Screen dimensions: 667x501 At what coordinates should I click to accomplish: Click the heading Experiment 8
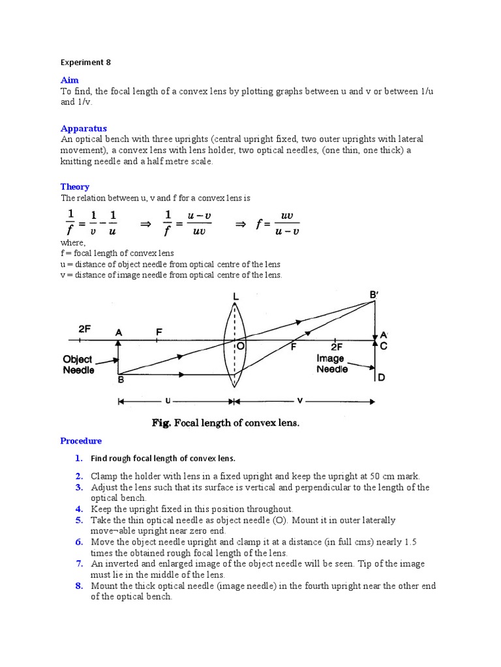tap(85, 63)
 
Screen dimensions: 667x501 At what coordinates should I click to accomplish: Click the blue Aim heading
tap(69, 80)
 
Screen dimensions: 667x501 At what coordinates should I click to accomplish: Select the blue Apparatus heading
tap(83, 128)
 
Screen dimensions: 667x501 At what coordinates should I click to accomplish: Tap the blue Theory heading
tap(75, 186)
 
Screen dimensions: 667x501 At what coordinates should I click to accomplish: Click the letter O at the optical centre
tap(240, 347)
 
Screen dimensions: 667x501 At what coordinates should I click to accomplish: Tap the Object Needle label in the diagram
tap(78, 365)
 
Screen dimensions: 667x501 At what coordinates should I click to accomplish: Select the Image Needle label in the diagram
tap(331, 363)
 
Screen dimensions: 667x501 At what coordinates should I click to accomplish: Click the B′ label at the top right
tap(374, 294)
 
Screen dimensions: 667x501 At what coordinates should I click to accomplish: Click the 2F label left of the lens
tap(85, 330)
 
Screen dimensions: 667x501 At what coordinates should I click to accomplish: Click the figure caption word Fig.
tap(160, 423)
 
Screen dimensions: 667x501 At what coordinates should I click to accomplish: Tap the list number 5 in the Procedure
tap(79, 520)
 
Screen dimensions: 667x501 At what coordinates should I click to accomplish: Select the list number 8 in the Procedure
tap(79, 586)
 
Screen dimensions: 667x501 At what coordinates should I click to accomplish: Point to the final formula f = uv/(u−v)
tap(278, 223)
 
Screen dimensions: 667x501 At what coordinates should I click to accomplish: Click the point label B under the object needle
tap(120, 380)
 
